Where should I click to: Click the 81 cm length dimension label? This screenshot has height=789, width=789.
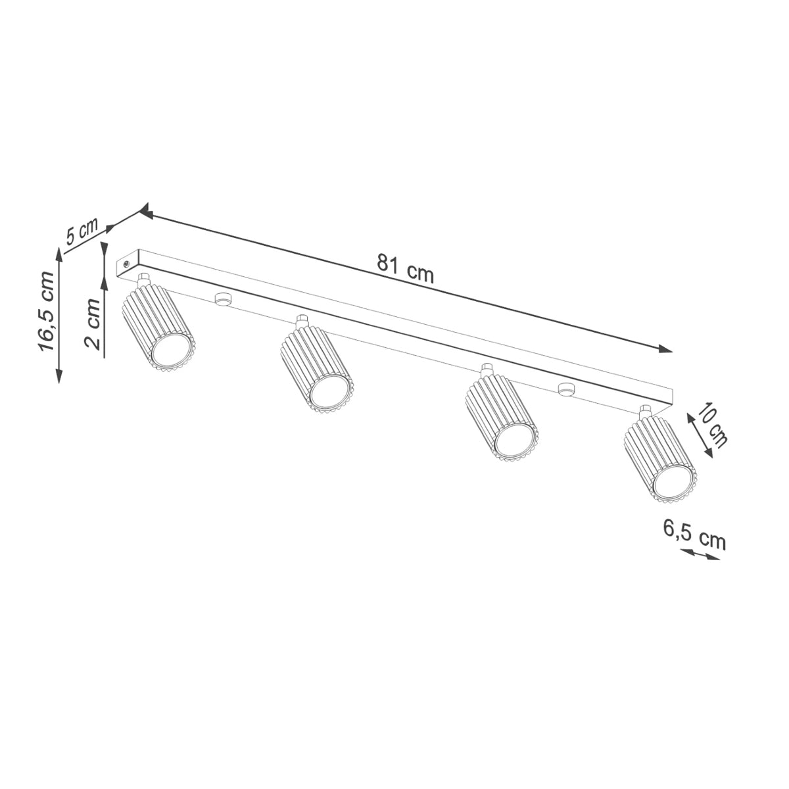pos(406,268)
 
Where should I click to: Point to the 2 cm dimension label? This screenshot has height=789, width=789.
pos(93,324)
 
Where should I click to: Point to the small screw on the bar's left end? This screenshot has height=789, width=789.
pos(126,262)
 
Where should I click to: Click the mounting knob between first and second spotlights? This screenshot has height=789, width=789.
pos(222,299)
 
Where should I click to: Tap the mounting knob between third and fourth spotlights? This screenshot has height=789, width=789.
pos(563,389)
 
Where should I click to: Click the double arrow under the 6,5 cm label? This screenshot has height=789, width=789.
pos(699,556)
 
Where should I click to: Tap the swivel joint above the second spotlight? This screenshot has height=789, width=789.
pos(302,322)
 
